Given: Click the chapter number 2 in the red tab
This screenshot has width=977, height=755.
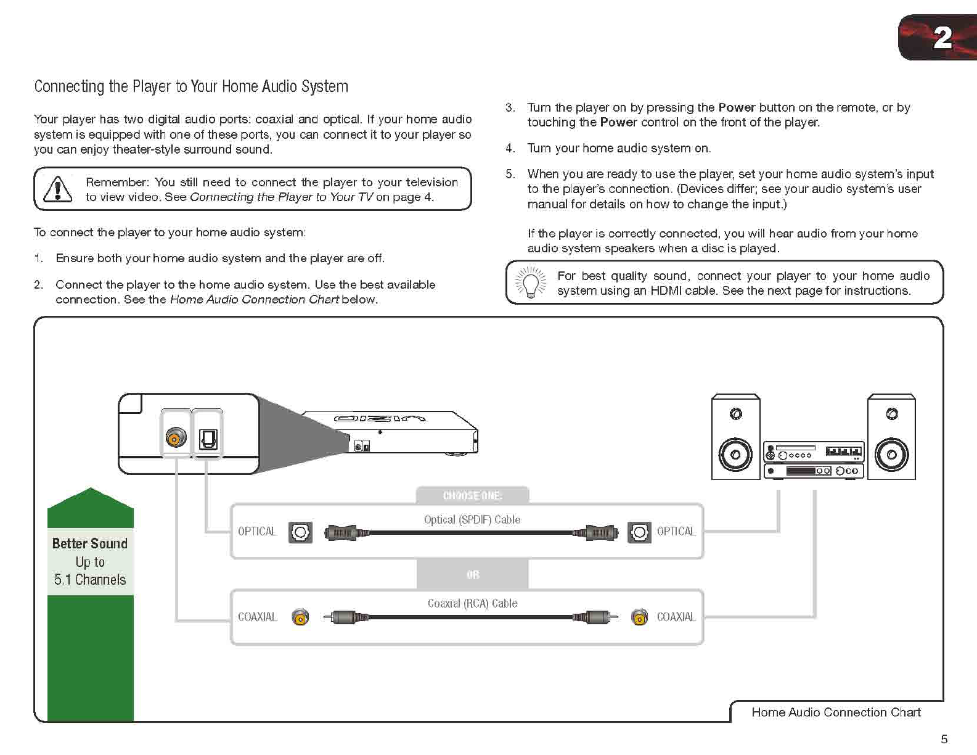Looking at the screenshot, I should click(942, 38).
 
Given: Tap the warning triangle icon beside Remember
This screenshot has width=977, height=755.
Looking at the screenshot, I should click(57, 189).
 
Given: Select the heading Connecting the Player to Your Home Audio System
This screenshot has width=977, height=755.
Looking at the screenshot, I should click(191, 86).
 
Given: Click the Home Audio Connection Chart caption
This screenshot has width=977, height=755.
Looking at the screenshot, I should click(836, 712).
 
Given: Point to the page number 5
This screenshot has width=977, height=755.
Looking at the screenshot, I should click(944, 739).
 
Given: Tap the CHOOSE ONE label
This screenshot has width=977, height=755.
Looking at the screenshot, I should click(472, 496).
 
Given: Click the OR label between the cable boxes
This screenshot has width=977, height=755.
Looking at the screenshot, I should click(473, 575).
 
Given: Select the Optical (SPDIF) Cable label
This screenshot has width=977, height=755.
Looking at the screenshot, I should click(472, 520).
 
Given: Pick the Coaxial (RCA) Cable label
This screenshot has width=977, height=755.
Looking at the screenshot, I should click(472, 604).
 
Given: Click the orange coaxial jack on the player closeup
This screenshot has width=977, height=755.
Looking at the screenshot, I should click(176, 437).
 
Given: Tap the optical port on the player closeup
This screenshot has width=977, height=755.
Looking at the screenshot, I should click(208, 439).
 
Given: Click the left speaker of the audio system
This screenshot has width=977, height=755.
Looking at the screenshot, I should click(735, 437).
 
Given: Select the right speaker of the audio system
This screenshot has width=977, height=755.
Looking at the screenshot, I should click(891, 437).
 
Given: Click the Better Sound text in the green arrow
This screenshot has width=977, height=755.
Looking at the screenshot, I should click(90, 543).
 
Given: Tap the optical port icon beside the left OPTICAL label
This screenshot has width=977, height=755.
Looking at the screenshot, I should click(300, 532).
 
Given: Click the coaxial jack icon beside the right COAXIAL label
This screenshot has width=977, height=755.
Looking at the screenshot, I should click(640, 617).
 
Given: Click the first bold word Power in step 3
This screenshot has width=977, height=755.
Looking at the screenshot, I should click(737, 107).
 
